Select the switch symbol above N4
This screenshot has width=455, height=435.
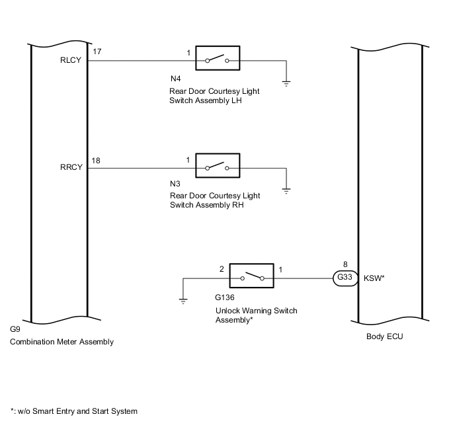point(217,59)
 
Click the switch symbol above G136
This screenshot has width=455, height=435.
point(251,277)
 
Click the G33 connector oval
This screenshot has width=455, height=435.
point(345,278)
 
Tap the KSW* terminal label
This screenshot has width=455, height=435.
point(374,278)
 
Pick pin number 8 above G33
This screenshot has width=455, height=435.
point(345,264)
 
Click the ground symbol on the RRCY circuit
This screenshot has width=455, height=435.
point(286,190)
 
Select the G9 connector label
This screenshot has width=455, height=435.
point(15,329)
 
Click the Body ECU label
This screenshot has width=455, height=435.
point(384,336)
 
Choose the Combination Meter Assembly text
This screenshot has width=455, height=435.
point(62,342)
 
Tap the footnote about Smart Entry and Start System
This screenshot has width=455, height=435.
point(74,411)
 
